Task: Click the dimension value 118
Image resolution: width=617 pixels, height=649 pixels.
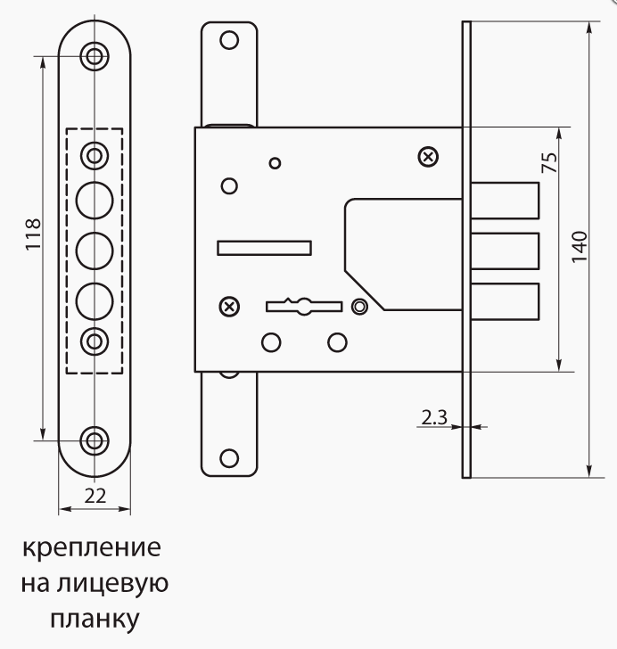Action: click(x=34, y=234)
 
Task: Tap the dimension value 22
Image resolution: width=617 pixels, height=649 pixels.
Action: click(x=95, y=496)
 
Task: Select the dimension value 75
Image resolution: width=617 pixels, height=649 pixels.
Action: click(x=549, y=162)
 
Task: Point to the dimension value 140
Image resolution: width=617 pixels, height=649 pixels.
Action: click(x=580, y=247)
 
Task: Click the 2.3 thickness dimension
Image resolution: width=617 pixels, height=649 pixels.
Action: click(x=434, y=417)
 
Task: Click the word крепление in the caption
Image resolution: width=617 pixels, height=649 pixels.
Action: click(x=92, y=548)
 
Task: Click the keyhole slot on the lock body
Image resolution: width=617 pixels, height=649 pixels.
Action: click(x=304, y=307)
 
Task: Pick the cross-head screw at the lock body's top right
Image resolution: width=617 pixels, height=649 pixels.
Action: click(x=429, y=157)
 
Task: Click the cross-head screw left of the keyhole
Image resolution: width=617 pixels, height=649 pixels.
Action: click(x=229, y=307)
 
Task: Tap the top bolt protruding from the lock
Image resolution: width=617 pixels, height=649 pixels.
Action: click(x=505, y=201)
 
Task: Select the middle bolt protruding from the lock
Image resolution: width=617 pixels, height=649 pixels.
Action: click(x=505, y=251)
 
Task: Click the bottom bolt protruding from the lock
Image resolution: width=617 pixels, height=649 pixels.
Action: click(x=505, y=301)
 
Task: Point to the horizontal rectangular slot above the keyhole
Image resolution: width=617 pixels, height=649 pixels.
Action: click(x=264, y=248)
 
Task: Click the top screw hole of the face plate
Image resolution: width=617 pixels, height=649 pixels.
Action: click(x=95, y=56)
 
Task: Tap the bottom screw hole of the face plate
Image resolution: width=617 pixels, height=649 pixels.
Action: click(x=95, y=440)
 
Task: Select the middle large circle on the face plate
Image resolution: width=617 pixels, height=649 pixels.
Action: click(x=95, y=251)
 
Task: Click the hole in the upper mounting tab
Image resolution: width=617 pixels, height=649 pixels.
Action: click(x=229, y=41)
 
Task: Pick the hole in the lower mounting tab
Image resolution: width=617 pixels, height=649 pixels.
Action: click(x=229, y=458)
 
